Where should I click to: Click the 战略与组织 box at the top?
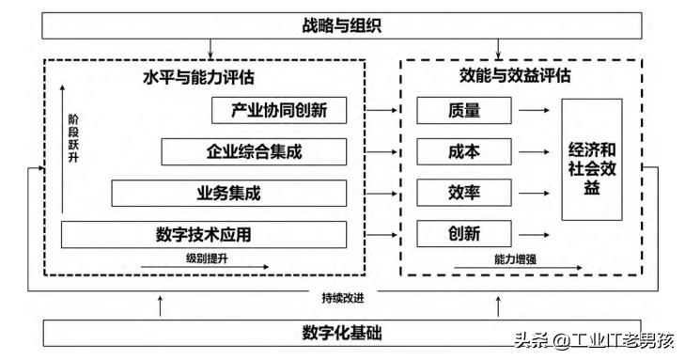[342, 25]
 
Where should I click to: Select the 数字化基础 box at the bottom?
[342, 333]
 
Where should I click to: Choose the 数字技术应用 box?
[204, 233]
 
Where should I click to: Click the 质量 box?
[464, 111]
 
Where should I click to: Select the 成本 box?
[464, 151]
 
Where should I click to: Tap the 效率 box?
[464, 193]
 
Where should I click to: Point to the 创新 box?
[464, 233]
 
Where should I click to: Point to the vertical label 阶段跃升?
[73, 137]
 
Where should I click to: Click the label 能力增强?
[514, 258]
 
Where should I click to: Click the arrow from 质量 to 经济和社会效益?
[536, 111]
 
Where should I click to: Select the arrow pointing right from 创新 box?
[536, 233]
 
